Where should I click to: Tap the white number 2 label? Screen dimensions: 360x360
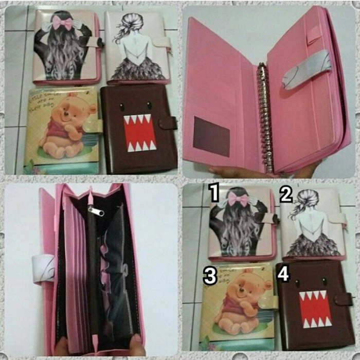pyautogui.click(x=286, y=194)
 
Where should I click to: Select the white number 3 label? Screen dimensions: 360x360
pyautogui.click(x=210, y=276)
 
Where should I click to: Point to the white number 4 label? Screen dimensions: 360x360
pyautogui.click(x=283, y=273)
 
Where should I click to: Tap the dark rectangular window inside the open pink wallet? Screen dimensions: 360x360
pyautogui.click(x=211, y=136)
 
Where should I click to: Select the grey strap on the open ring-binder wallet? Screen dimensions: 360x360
pyautogui.click(x=307, y=68)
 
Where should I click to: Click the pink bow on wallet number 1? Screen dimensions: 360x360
pyautogui.click(x=238, y=199)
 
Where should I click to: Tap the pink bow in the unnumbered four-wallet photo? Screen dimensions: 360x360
pyautogui.click(x=61, y=24)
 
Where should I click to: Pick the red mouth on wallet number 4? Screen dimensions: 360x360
pyautogui.click(x=315, y=309)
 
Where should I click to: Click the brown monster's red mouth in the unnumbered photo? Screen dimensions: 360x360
pyautogui.click(x=140, y=133)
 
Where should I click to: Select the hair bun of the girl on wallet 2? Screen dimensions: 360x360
pyautogui.click(x=303, y=195)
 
